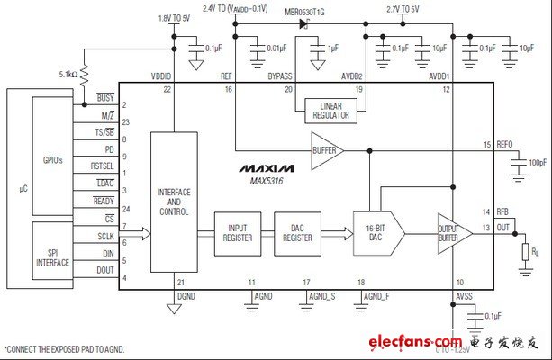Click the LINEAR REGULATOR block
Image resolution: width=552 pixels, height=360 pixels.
pyautogui.click(x=329, y=110)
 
